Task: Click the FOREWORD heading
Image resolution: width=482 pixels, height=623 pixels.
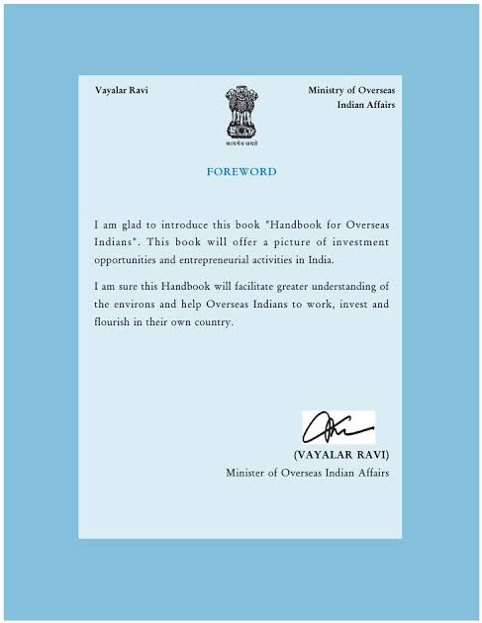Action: coord(241,172)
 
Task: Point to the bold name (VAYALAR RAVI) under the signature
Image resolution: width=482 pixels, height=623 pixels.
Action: coord(341,454)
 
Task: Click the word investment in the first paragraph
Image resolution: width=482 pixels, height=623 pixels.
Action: coord(358,242)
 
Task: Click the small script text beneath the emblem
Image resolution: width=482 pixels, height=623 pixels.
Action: coord(241,143)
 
